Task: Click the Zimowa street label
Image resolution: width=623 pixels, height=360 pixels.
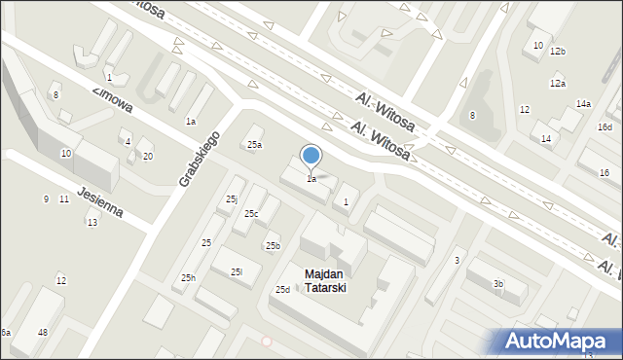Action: (112, 102)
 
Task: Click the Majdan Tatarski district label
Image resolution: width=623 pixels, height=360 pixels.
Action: (324, 281)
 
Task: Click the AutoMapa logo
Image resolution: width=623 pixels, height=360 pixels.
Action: (560, 341)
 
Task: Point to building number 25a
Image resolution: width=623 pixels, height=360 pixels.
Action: (254, 145)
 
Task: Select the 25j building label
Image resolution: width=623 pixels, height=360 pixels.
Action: (232, 199)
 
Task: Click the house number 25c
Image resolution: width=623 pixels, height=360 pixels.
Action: (251, 213)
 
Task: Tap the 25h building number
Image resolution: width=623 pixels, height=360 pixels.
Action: (188, 278)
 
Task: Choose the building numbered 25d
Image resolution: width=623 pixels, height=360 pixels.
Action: (282, 290)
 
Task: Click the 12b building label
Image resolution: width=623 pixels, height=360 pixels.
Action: (558, 51)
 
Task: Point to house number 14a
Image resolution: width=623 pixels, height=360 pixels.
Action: (583, 103)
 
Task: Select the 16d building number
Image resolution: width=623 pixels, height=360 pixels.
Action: (605, 127)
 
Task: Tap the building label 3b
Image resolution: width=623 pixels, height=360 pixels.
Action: (497, 284)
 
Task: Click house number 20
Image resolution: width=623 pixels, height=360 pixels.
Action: (148, 156)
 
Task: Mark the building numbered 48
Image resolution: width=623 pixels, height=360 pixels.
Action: (43, 333)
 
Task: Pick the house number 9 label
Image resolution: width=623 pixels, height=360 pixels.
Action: (46, 199)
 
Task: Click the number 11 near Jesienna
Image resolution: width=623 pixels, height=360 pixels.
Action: (63, 199)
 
